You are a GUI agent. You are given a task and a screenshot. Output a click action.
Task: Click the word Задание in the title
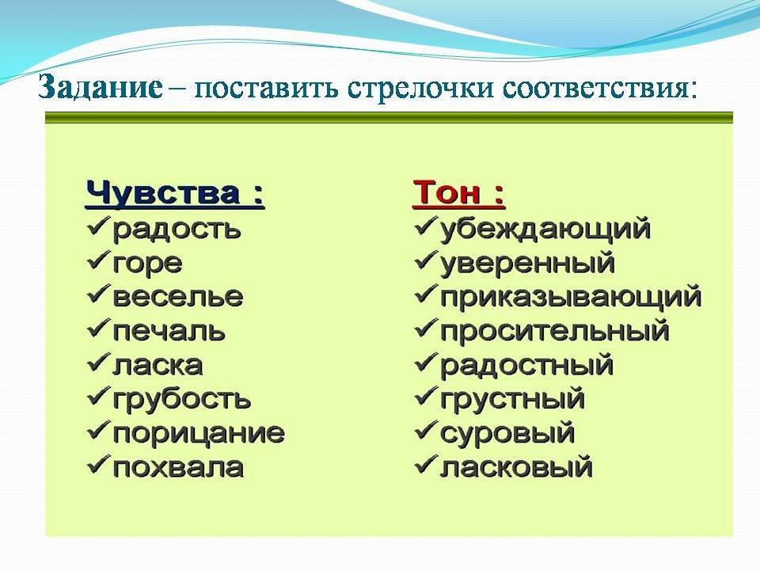point(101,87)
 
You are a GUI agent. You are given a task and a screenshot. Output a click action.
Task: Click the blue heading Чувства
point(162,193)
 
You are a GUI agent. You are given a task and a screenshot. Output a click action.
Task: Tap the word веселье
point(178,297)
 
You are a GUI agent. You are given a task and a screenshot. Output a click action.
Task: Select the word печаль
point(169,331)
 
